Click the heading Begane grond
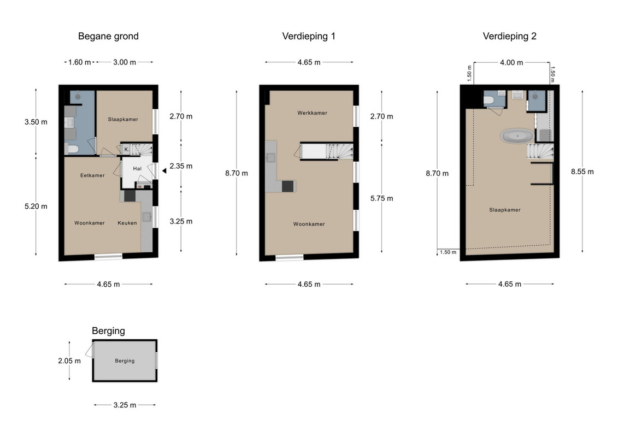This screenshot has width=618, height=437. [108, 36]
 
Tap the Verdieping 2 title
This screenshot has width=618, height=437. [510, 36]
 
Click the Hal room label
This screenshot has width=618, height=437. [137, 169]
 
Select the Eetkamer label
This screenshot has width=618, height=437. [93, 175]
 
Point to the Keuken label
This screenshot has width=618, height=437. [127, 223]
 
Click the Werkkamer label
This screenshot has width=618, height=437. [312, 113]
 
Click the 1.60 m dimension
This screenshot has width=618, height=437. [79, 62]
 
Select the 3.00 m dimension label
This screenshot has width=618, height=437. [125, 62]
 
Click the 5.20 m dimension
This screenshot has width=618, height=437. [36, 206]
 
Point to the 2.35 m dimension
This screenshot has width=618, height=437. [181, 166]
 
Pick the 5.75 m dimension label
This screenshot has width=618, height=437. [381, 199]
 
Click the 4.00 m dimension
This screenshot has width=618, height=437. [511, 63]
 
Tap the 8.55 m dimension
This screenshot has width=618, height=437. [582, 172]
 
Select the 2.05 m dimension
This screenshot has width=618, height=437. [69, 361]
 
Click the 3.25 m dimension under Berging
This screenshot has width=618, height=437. [125, 405]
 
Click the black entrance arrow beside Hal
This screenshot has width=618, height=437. [164, 171]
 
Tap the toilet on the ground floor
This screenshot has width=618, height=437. [72, 149]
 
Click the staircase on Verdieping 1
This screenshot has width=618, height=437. [339, 151]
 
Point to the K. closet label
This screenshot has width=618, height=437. [127, 150]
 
